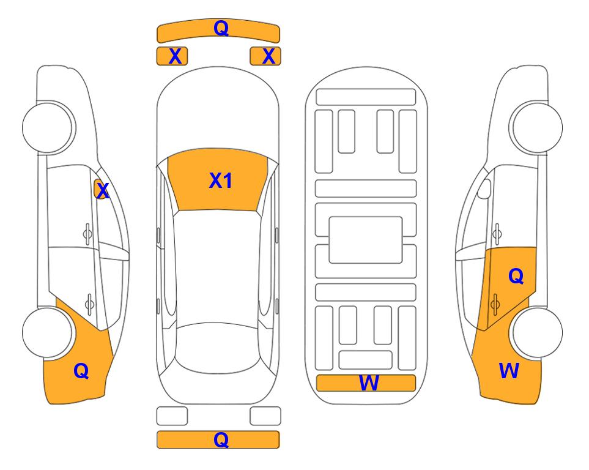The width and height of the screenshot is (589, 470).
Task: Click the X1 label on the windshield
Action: (220, 181)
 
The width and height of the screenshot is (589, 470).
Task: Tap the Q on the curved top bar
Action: (220, 28)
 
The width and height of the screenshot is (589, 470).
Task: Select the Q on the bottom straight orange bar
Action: (221, 439)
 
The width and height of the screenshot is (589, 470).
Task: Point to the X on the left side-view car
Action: (102, 190)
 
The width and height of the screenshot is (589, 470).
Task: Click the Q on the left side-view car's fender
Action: (81, 370)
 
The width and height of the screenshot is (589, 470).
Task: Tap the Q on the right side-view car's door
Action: (516, 277)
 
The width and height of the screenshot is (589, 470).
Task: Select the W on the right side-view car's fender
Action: (509, 370)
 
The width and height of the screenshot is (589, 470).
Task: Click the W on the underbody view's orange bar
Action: (368, 383)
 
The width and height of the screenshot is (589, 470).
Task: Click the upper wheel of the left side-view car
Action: (48, 127)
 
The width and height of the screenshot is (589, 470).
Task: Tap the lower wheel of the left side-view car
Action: (48, 332)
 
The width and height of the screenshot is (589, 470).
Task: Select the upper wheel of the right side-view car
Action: (537, 127)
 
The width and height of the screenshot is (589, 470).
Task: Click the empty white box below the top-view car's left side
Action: (172, 416)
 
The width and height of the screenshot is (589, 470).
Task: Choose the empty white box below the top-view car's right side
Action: (265, 416)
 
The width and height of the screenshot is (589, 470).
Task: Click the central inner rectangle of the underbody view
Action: (366, 239)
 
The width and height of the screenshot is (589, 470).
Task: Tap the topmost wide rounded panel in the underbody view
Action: (366, 97)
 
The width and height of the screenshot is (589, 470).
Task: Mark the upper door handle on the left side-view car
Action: (87, 232)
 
